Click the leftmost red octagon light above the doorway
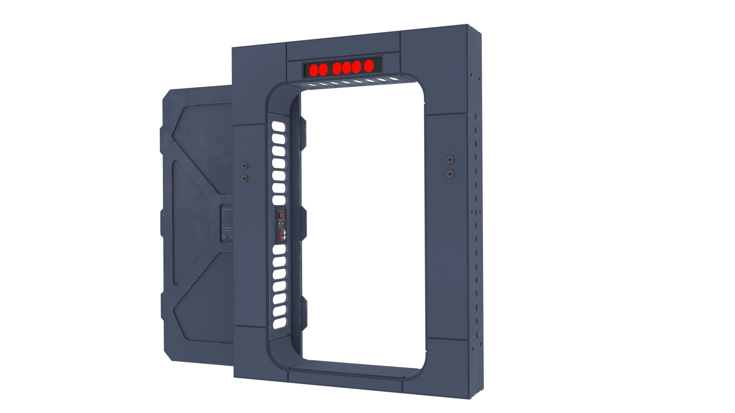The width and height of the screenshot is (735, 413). (314, 70)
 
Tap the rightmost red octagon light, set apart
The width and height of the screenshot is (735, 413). (368, 66)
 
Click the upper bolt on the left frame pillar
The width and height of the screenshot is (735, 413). (244, 166)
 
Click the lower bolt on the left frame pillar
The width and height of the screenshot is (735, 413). (244, 179)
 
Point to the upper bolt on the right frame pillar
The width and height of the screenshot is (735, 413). (450, 159)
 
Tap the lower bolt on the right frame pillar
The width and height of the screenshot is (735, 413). (450, 174)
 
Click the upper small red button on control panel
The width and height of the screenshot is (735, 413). (280, 234)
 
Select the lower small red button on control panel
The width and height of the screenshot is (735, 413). (280, 238)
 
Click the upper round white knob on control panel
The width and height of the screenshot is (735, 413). (284, 233)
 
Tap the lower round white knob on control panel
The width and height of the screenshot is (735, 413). (284, 237)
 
